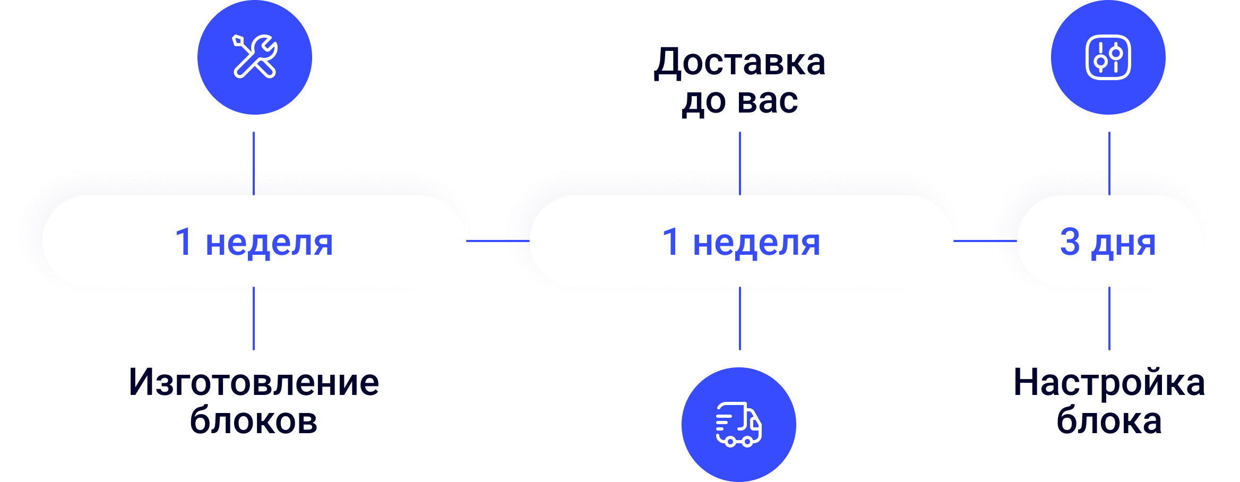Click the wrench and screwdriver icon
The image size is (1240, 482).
coord(255,57)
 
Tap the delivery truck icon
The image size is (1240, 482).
coord(738,424)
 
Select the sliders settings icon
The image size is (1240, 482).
coord(1108,57)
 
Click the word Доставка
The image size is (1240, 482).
coord(739,62)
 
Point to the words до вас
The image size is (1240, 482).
coord(739,101)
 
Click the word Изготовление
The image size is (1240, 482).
coord(254,382)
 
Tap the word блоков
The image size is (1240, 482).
coord(254,420)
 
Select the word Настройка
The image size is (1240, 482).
coord(1109,382)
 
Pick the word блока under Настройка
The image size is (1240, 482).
coord(1109,420)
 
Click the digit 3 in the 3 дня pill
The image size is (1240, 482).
coord(1070,242)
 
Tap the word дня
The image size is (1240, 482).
coord(1123,244)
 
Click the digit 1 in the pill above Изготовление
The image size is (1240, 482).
coord(183,242)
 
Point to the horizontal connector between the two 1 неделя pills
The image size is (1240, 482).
coord(498,241)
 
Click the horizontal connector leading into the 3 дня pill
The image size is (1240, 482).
coord(985,241)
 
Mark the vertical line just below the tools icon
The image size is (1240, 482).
coord(254,159)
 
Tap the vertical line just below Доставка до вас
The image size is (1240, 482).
coord(739,159)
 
